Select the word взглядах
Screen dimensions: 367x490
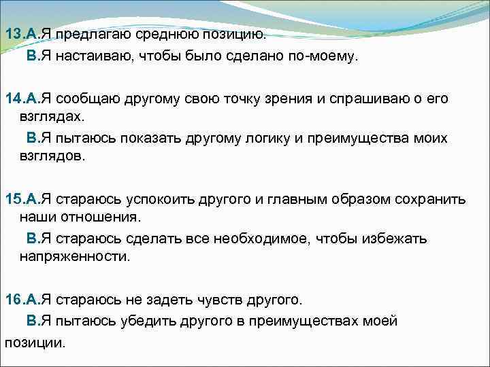pos(50,116)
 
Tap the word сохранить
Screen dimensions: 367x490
pos(427,199)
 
